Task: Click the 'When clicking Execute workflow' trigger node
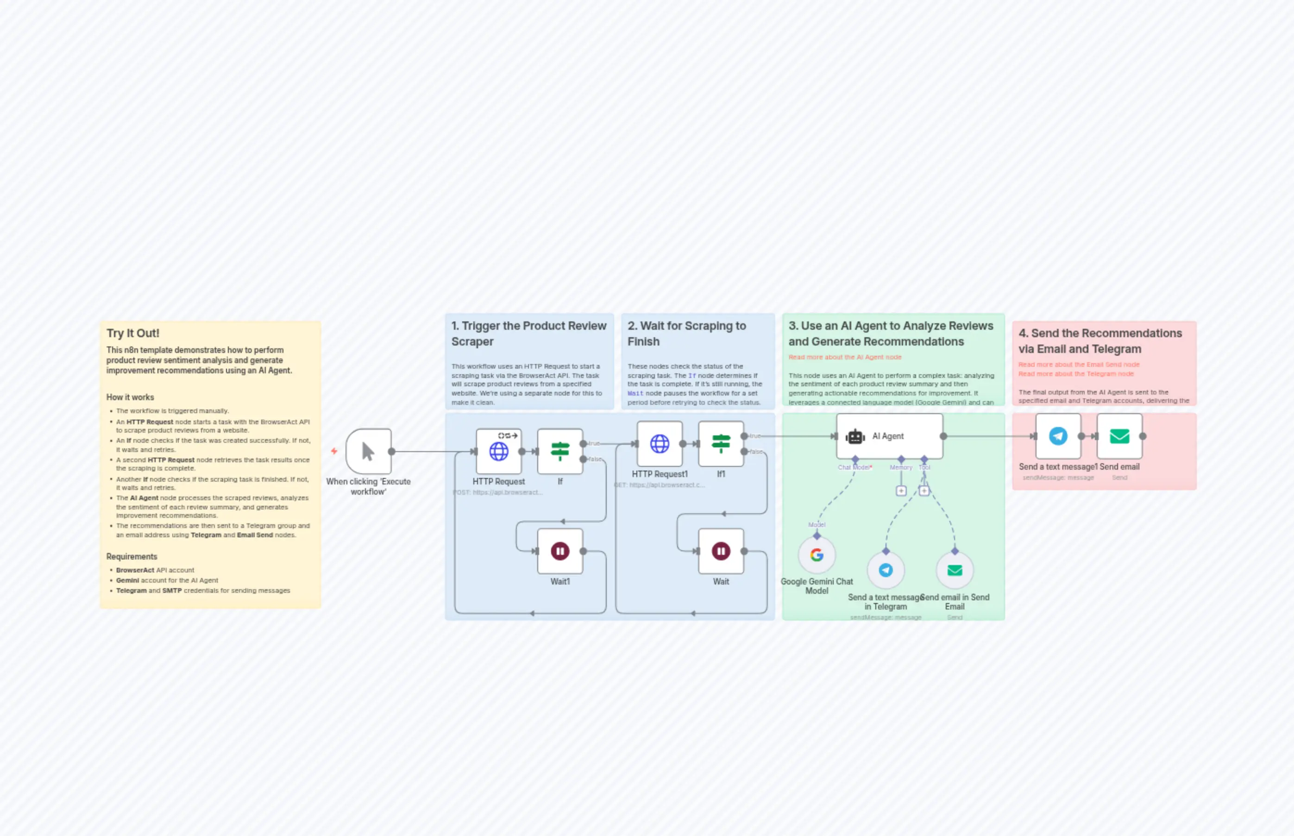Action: pyautogui.click(x=369, y=451)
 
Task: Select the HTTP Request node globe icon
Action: pyautogui.click(x=499, y=451)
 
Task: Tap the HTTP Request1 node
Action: pyautogui.click(x=660, y=444)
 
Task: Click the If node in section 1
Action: pyautogui.click(x=559, y=451)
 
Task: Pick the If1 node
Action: pyautogui.click(x=721, y=444)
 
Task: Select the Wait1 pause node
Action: pyautogui.click(x=559, y=551)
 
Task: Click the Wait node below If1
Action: pyautogui.click(x=721, y=551)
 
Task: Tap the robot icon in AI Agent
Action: pyautogui.click(x=855, y=436)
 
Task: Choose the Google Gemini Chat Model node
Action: pyautogui.click(x=817, y=555)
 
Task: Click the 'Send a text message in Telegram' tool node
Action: pyautogui.click(x=885, y=570)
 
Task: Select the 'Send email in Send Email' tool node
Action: pyautogui.click(x=954, y=570)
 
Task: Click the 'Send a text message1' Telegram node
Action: pyautogui.click(x=1058, y=436)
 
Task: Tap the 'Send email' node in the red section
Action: pyautogui.click(x=1119, y=436)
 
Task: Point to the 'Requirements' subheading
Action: pyautogui.click(x=132, y=556)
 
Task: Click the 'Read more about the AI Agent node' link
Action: pyautogui.click(x=845, y=357)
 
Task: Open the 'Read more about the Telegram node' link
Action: pyautogui.click(x=1076, y=373)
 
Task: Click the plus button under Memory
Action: pyautogui.click(x=901, y=491)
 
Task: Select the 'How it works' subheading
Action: pyautogui.click(x=130, y=397)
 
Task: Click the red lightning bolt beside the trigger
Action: pyautogui.click(x=334, y=451)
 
